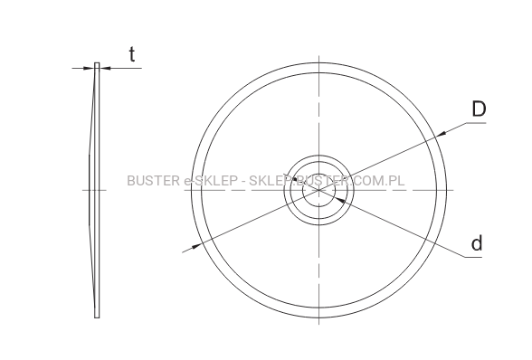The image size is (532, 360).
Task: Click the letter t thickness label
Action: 132,54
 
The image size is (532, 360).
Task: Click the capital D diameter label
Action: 479,109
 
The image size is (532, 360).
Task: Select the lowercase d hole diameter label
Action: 477,243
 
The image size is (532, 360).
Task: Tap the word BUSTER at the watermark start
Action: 154,181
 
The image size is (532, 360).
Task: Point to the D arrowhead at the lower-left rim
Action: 196,246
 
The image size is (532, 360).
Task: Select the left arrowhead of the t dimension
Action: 89,68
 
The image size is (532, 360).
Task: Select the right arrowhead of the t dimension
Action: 105,68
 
